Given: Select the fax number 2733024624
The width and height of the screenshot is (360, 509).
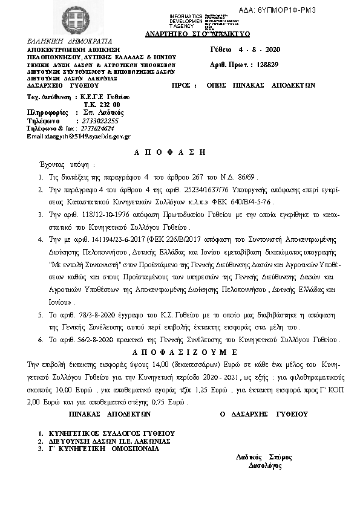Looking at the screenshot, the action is [93, 128].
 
